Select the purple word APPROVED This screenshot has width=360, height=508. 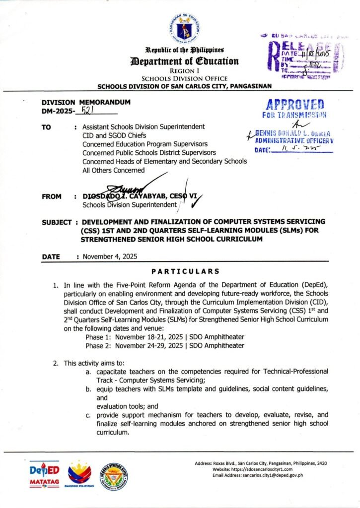tap(295, 105)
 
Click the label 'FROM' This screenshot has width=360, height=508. tap(52, 196)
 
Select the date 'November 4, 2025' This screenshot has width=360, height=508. tap(110, 257)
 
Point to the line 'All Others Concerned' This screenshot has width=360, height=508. tap(114, 170)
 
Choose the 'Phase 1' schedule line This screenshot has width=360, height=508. tap(165, 336)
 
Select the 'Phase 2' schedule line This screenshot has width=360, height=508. tap(165, 345)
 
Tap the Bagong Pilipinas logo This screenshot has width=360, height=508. tap(80, 475)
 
